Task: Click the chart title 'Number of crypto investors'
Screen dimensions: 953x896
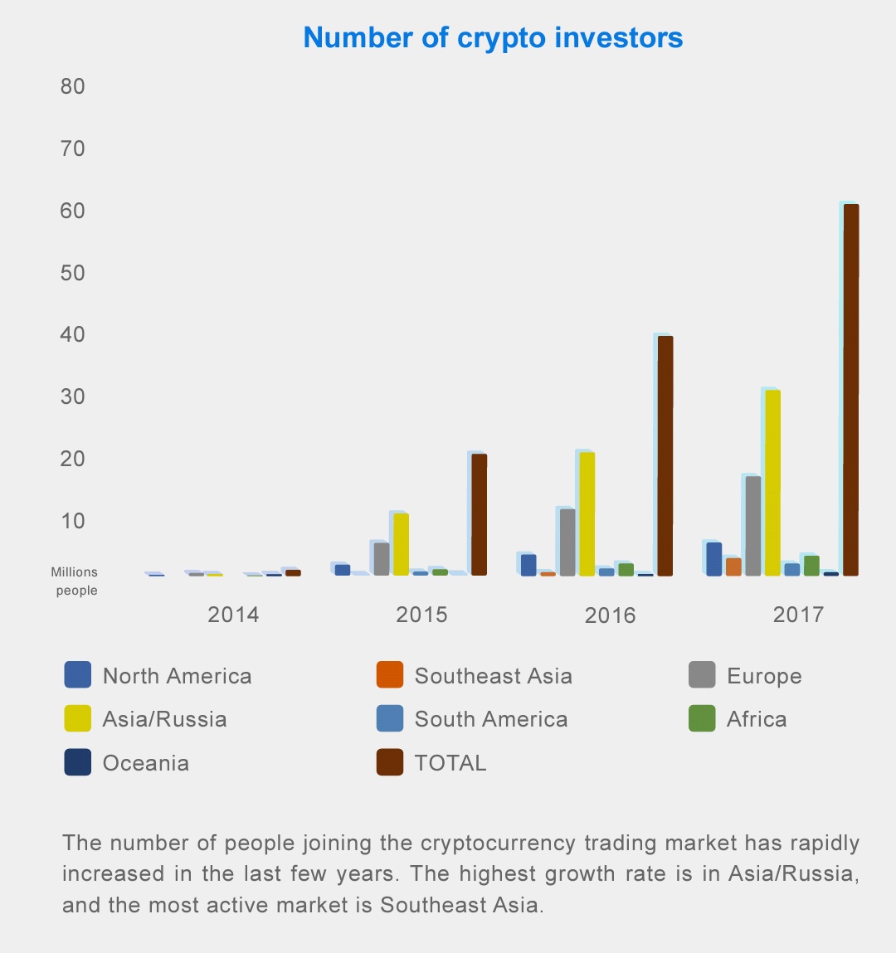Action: (x=493, y=38)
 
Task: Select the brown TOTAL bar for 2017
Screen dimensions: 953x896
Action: (x=850, y=390)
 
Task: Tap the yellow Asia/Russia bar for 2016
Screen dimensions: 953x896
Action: (x=587, y=513)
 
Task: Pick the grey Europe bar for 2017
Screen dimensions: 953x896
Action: (x=752, y=526)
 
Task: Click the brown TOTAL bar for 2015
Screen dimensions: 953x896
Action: (x=479, y=514)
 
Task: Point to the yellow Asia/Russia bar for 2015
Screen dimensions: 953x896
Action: (x=401, y=544)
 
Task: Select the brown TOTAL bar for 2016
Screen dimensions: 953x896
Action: (x=665, y=455)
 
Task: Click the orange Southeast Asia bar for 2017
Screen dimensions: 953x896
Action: (x=733, y=566)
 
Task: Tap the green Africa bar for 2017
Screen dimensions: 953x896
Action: (x=811, y=565)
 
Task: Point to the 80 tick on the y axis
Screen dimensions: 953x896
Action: (x=73, y=86)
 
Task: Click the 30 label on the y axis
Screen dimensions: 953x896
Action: (x=73, y=396)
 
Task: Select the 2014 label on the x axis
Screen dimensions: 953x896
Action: (x=233, y=615)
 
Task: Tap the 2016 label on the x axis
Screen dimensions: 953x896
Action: (x=610, y=615)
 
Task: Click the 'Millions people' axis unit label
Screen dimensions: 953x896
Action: (x=75, y=581)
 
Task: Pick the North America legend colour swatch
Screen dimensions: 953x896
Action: (x=77, y=675)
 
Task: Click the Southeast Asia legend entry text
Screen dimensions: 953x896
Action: (x=493, y=676)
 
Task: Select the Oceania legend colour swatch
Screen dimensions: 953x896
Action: (x=77, y=762)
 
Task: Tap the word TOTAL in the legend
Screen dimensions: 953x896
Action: (x=450, y=763)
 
